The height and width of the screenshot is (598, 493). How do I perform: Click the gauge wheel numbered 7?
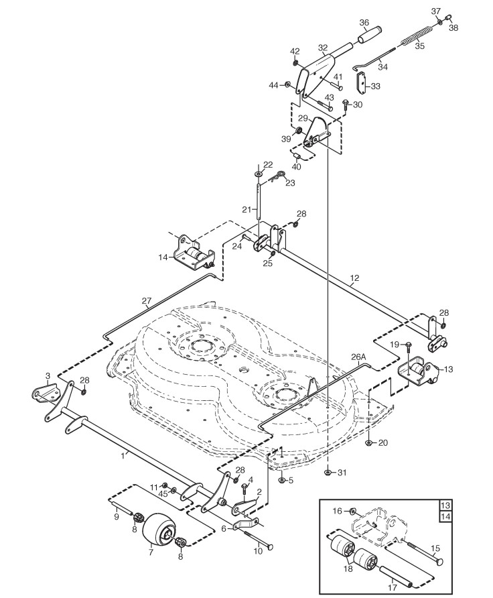(157, 530)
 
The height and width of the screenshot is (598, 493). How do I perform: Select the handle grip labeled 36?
(369, 35)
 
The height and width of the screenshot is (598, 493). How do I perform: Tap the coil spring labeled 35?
(417, 34)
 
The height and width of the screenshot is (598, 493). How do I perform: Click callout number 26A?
(358, 357)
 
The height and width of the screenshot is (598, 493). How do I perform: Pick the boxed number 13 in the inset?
(445, 505)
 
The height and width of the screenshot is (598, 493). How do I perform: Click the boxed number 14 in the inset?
(445, 517)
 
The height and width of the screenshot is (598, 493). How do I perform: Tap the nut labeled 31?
(328, 473)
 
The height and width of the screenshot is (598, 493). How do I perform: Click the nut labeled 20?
(368, 442)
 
